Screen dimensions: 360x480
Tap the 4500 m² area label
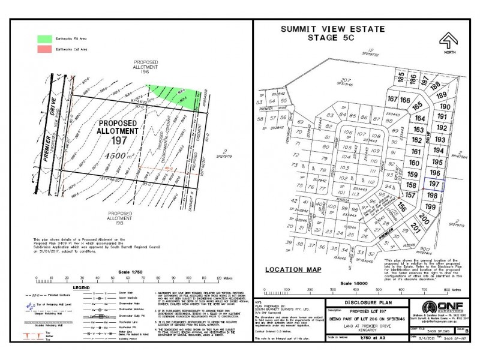[115, 155]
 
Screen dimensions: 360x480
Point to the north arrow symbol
[446, 43]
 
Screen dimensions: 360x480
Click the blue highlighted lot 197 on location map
[433, 184]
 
